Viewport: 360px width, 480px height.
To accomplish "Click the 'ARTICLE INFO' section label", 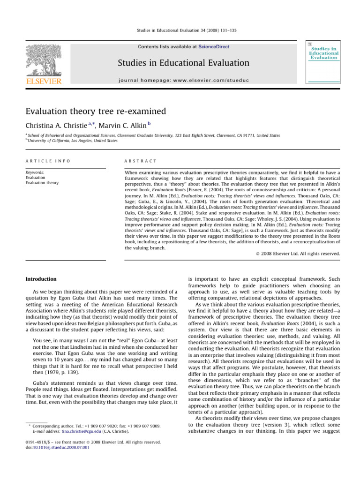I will (x=47, y=161).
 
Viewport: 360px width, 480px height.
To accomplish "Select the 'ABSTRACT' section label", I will (x=141, y=161).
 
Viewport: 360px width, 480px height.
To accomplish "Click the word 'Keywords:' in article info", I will (x=36, y=172).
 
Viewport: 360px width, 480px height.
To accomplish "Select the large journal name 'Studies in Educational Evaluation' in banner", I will (x=196, y=63).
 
